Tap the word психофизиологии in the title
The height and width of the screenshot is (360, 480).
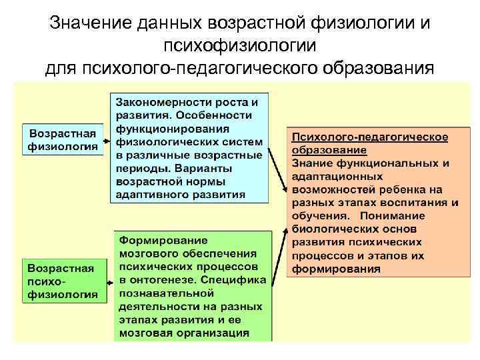[x=239, y=45]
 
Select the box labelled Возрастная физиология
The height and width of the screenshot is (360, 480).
[x=63, y=139]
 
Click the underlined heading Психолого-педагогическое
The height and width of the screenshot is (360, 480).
[x=370, y=137]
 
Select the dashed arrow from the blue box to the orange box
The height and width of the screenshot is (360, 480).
[x=277, y=153]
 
